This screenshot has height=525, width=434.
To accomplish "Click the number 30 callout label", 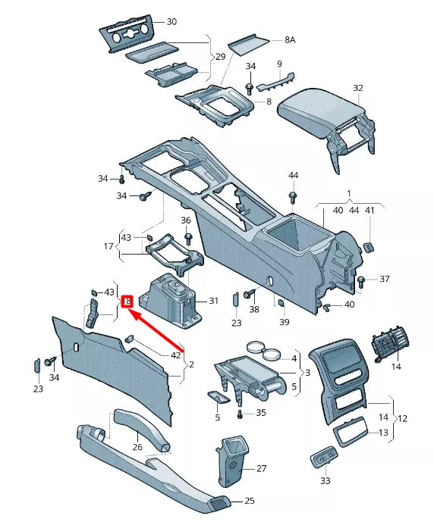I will click(171, 22).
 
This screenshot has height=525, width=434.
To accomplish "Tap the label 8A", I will click(291, 39).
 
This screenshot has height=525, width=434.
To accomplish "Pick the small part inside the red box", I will click(128, 302).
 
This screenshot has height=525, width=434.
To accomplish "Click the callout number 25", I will click(249, 501).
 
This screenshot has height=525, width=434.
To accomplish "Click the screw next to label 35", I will click(241, 414).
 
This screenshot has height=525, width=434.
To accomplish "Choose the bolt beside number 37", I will click(361, 282).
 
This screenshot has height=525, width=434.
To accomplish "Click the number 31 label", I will click(214, 301).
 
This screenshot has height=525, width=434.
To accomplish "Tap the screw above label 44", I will click(293, 198).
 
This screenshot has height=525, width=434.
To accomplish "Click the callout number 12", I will click(402, 418).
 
